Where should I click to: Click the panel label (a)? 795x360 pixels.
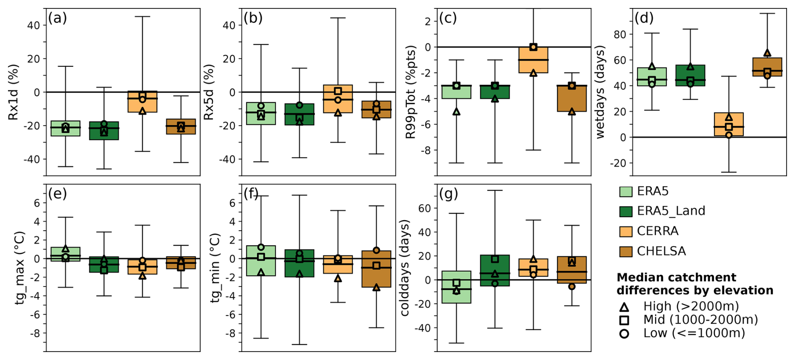[x=57, y=18]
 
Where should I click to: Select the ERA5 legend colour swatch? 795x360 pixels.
[x=626, y=192]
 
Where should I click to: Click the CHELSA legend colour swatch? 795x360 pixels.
[x=626, y=251]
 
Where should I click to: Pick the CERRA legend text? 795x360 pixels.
[x=657, y=231]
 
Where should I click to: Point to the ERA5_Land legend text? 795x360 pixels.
[x=671, y=211]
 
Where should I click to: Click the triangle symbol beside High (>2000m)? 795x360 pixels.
[x=624, y=307]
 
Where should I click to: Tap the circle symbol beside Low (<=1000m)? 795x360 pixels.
[x=624, y=334]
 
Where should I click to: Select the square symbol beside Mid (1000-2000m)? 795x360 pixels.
[x=624, y=321]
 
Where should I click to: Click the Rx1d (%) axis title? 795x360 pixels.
[x=13, y=92]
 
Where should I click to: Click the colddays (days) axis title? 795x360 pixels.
[x=404, y=268]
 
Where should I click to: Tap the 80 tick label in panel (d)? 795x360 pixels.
[x=620, y=34]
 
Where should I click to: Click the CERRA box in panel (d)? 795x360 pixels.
[x=729, y=124]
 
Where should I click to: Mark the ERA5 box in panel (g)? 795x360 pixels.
[x=456, y=287]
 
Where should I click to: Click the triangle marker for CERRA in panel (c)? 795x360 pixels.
[x=533, y=73]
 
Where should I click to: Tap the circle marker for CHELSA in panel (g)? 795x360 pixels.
[x=571, y=286]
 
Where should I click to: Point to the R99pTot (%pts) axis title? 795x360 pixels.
[x=410, y=92]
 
